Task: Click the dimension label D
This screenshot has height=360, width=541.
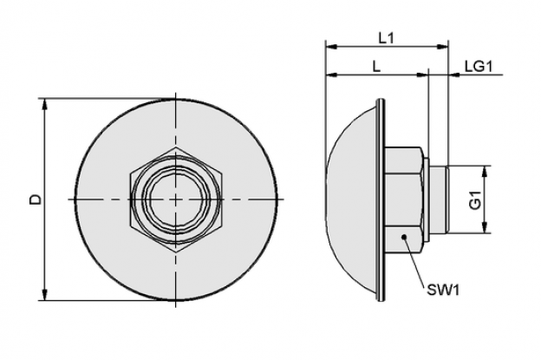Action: click(36, 200)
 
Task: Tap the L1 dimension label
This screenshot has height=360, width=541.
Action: click(386, 38)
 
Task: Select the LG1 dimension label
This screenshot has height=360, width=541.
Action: click(479, 66)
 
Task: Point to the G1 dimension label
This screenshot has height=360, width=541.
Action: click(475, 200)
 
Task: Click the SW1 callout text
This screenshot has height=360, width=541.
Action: click(443, 290)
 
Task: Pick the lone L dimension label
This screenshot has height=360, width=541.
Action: click(376, 66)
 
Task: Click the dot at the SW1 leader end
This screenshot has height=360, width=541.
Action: click(404, 237)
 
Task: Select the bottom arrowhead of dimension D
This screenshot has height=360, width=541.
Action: click(44, 294)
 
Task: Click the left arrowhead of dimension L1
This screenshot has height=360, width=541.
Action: click(331, 47)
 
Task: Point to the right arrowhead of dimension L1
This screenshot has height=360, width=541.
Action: click(442, 47)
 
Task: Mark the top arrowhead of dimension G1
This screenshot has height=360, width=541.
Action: click(485, 172)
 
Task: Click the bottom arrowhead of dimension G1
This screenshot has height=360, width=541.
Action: click(485, 227)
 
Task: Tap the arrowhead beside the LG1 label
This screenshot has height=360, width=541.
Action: click(455, 75)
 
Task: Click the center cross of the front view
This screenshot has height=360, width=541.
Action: click(176, 200)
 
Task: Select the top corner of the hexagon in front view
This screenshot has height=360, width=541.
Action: click(176, 147)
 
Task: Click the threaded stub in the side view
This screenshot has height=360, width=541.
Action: click(439, 200)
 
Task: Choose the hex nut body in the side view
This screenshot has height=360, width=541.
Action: click(404, 200)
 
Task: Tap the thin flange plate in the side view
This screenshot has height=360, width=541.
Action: click(381, 200)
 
